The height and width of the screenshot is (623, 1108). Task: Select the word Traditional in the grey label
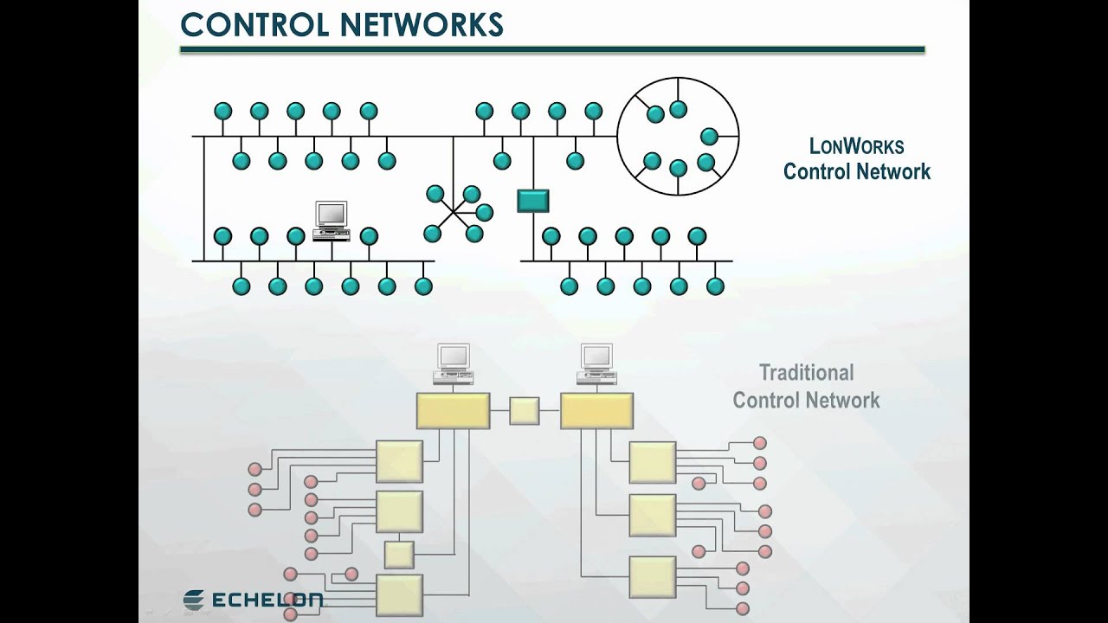coord(806,373)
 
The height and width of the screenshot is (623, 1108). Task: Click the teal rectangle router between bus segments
coord(533,201)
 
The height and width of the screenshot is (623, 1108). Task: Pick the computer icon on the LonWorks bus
coord(332,220)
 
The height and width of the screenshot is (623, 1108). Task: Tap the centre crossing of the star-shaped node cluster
coord(452,213)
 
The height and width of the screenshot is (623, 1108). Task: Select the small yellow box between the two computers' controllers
coord(524,411)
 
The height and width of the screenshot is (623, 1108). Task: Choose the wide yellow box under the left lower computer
coord(453,411)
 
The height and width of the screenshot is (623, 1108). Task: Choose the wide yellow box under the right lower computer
coord(596,411)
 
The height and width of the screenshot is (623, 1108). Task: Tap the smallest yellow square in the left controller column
coord(399,555)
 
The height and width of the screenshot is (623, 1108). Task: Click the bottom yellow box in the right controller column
coord(652,578)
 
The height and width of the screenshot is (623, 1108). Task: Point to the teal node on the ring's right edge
coord(709,136)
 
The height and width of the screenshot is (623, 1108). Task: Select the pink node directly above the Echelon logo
coord(290,574)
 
